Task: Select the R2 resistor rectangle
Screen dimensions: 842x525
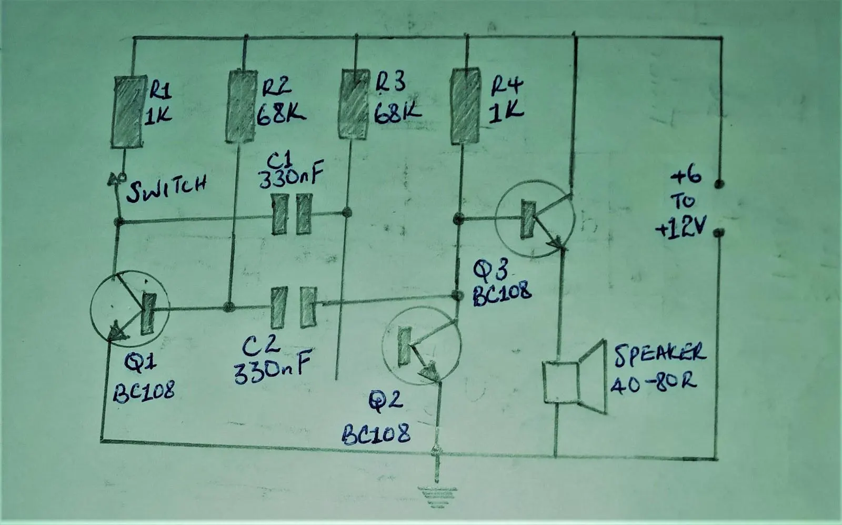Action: click(241, 106)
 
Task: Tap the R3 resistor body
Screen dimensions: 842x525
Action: click(353, 104)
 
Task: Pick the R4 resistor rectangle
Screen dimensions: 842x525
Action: click(465, 106)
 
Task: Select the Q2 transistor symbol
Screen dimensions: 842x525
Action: click(422, 345)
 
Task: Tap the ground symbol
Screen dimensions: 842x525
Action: click(437, 497)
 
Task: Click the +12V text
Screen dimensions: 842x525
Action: click(681, 227)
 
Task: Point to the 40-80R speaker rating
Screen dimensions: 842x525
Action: click(653, 383)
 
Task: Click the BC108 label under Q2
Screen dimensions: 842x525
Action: click(376, 434)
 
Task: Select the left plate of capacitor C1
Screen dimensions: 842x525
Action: click(279, 214)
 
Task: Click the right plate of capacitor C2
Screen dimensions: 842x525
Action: click(308, 307)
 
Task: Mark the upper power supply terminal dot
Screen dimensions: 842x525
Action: click(719, 184)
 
